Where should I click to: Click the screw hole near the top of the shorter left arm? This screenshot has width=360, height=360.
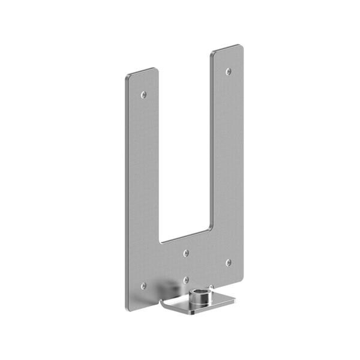click(x=143, y=94)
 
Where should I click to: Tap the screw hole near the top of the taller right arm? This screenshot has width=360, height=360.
click(x=228, y=71)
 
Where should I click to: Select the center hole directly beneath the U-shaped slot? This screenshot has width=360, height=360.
click(x=186, y=253)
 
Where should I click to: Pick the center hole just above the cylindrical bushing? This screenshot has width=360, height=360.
click(x=186, y=280)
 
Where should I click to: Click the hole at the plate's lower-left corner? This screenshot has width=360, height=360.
click(x=143, y=286)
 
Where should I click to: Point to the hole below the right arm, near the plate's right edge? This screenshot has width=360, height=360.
click(x=228, y=262)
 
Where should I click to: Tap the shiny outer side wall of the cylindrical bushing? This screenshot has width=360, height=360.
click(x=193, y=303)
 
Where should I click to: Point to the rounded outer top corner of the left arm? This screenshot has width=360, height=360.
click(x=128, y=77)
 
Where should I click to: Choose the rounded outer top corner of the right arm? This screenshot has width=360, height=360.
click(x=241, y=46)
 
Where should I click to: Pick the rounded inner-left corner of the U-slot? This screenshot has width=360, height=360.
click(x=161, y=241)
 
